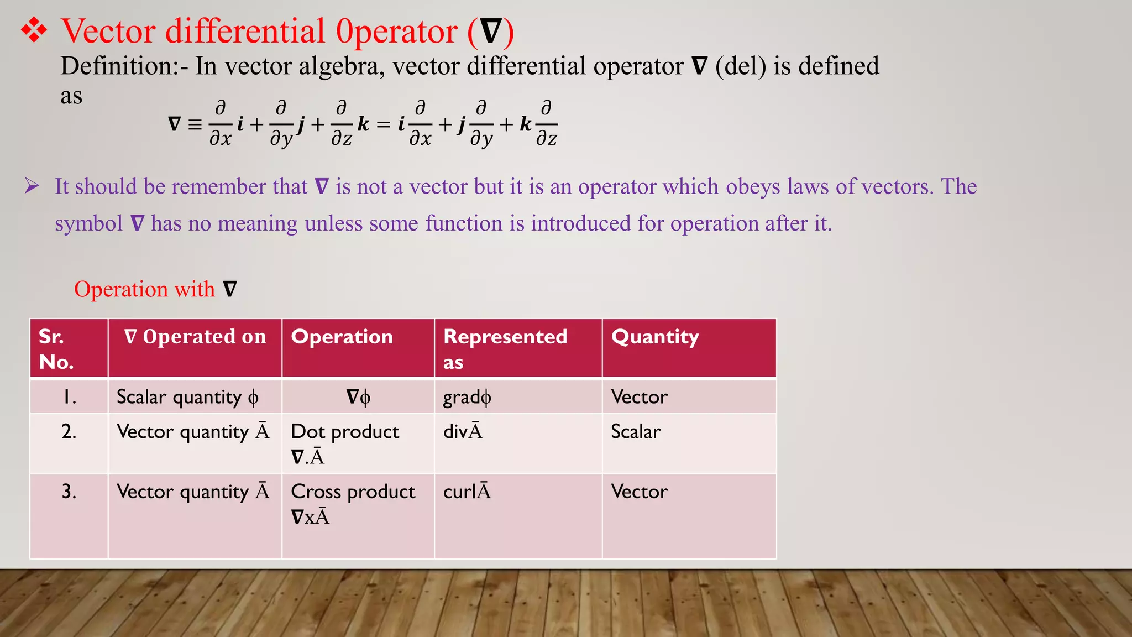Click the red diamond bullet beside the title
pyautogui.click(x=34, y=30)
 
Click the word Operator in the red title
pyautogui.click(x=397, y=32)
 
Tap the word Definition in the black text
pyautogui.click(x=116, y=66)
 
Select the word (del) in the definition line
pyautogui.click(x=741, y=66)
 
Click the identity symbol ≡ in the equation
pyautogui.click(x=195, y=124)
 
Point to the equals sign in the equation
pyautogui.click(x=383, y=125)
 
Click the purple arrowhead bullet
pyautogui.click(x=32, y=186)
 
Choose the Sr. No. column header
pyautogui.click(x=56, y=349)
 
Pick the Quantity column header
pyautogui.click(x=655, y=337)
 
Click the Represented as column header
pyautogui.click(x=505, y=348)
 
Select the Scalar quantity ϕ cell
pyautogui.click(x=187, y=397)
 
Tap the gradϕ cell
pyautogui.click(x=467, y=397)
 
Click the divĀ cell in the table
pyautogui.click(x=463, y=431)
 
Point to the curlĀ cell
pyautogui.click(x=467, y=492)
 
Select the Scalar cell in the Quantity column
pyautogui.click(x=636, y=432)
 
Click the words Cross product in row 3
pyautogui.click(x=353, y=492)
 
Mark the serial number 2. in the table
pyautogui.click(x=69, y=432)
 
